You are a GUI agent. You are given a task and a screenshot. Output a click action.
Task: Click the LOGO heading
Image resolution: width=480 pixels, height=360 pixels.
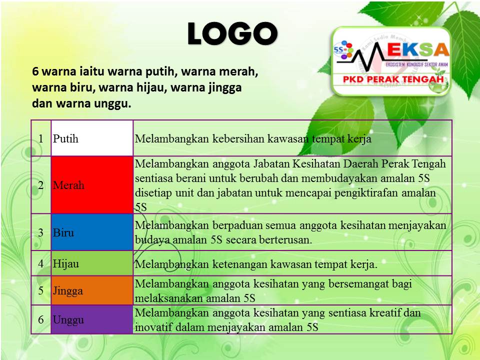click(x=232, y=34)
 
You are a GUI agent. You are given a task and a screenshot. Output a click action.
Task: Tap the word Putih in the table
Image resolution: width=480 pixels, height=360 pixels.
click(x=66, y=138)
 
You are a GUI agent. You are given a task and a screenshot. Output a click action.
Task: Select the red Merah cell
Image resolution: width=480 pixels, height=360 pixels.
click(x=92, y=185)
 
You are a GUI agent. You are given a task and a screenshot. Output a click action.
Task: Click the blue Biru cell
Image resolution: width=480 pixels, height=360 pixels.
click(x=92, y=232)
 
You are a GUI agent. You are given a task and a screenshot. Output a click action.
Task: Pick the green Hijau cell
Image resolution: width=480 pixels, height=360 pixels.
click(x=92, y=263)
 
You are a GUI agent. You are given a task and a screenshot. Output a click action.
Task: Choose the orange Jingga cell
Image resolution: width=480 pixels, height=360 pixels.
click(x=92, y=290)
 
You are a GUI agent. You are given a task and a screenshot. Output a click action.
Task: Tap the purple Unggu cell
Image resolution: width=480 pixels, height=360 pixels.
click(x=92, y=319)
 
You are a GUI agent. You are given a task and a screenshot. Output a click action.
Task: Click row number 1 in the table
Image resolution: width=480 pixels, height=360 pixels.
click(x=40, y=138)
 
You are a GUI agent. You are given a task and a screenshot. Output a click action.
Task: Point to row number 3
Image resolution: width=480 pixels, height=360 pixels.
click(x=40, y=232)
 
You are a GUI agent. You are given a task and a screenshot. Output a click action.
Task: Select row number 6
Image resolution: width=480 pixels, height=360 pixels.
click(x=40, y=319)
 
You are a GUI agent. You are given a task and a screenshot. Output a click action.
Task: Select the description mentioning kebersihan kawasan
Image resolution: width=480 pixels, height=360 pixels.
click(x=253, y=139)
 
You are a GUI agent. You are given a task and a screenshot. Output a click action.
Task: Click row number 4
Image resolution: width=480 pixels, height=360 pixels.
click(x=40, y=263)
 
